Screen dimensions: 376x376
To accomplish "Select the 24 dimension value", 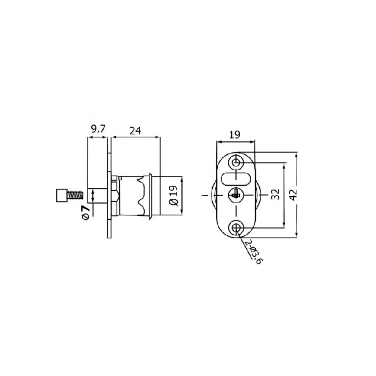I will point(135,131).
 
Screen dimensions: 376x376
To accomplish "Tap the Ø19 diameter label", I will point(174,196).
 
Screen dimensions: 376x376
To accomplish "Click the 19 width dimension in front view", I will point(235,135).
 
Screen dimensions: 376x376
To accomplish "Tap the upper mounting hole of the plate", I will point(236,162).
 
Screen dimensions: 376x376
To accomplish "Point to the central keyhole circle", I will point(236,194).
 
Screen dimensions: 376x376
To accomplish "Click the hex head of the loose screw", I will point(61,195).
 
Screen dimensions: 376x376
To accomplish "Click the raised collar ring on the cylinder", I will point(150,195).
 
